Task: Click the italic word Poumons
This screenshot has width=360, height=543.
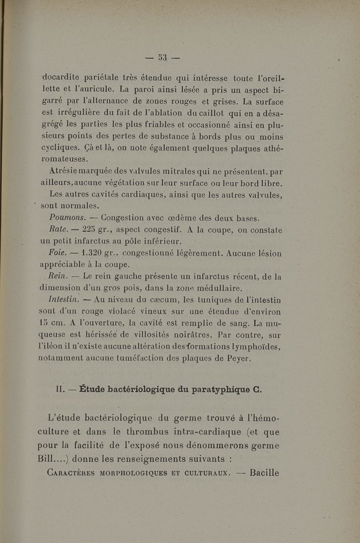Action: coord(65,218)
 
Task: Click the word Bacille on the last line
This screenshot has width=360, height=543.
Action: coord(265,472)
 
